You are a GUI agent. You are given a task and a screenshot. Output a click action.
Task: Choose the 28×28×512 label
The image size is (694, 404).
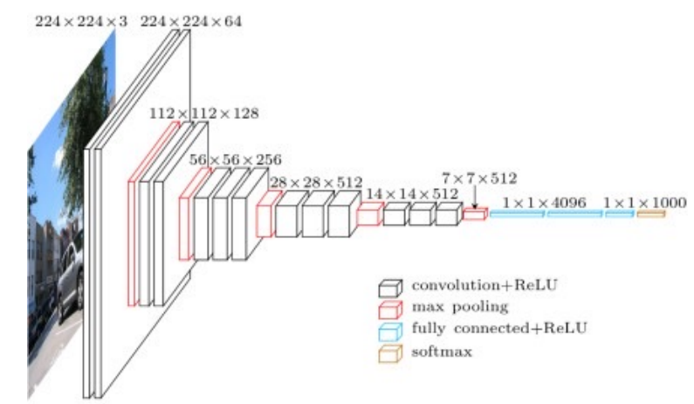[315, 182]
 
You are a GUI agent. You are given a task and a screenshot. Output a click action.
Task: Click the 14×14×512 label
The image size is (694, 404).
[412, 193]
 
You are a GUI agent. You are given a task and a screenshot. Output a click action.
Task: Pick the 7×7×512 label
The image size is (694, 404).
[479, 178]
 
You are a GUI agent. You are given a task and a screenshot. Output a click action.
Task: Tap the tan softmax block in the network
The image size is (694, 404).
[650, 214]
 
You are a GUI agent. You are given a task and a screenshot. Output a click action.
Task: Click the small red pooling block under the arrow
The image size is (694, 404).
[474, 214]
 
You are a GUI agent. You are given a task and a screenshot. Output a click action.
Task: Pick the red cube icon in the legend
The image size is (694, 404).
[390, 307]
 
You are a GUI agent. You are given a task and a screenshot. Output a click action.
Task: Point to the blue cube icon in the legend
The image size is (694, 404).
[390, 329]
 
